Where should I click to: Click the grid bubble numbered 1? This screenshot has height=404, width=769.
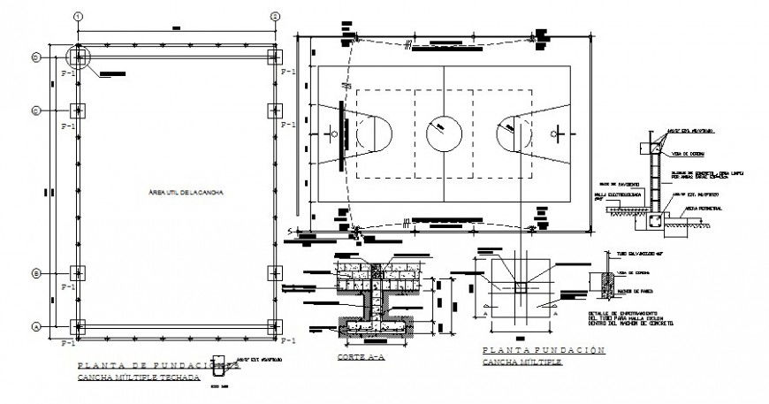[x=79, y=17]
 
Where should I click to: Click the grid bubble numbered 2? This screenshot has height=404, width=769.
[x=275, y=17]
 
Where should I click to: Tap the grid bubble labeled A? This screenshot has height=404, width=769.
[x=36, y=326]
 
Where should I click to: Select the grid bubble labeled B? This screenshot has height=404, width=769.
[x=36, y=272]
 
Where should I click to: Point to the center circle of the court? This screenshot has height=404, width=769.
[x=443, y=134]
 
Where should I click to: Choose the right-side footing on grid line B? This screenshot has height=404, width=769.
[x=275, y=272]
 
